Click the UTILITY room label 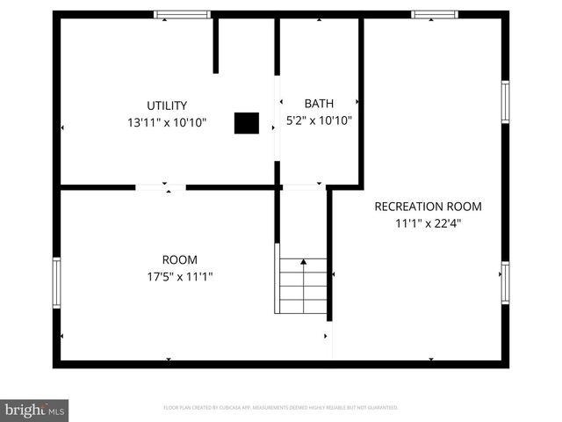pos(166,105)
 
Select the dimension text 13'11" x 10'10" pos(166,122)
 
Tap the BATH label pos(319,104)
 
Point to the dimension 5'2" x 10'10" pos(319,120)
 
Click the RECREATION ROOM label pos(428,207)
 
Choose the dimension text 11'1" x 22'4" pos(428,223)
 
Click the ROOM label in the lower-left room pos(179,259)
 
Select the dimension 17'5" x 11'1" pos(179,276)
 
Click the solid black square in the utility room pos(246,123)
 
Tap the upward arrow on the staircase pos(304,262)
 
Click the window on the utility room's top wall pos(183,14)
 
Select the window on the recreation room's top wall pos(435,14)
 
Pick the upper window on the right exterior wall pos(505,102)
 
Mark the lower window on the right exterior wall pos(505,283)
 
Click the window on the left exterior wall pos(56,282)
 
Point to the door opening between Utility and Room pos(161,186)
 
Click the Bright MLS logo pos(34,410)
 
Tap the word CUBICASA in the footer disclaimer pos(227,408)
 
